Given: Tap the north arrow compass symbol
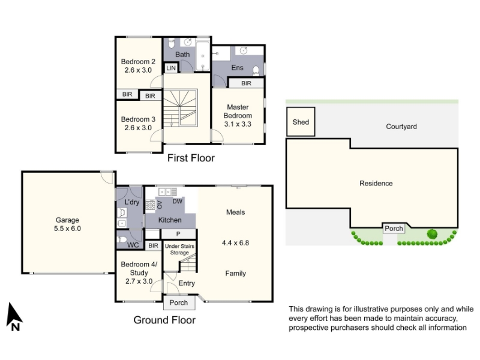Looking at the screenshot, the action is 14,317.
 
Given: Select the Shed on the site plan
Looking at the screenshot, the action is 301,122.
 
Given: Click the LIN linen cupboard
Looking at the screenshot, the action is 171,68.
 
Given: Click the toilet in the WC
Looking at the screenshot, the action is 122,239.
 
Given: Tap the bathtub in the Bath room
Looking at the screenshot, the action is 202,56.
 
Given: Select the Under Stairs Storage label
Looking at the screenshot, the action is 179,249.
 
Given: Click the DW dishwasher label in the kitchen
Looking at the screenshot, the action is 177,201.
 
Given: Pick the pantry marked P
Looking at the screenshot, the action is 178,234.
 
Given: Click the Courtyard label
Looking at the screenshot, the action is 401,127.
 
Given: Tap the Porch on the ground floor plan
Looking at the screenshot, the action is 178,302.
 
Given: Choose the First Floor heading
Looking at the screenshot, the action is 191,158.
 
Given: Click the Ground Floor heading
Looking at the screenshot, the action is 164,320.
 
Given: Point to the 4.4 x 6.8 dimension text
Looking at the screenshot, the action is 235,243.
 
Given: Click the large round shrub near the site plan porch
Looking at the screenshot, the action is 432,234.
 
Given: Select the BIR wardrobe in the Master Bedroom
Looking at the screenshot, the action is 246,83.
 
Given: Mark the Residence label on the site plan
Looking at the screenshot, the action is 376,184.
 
